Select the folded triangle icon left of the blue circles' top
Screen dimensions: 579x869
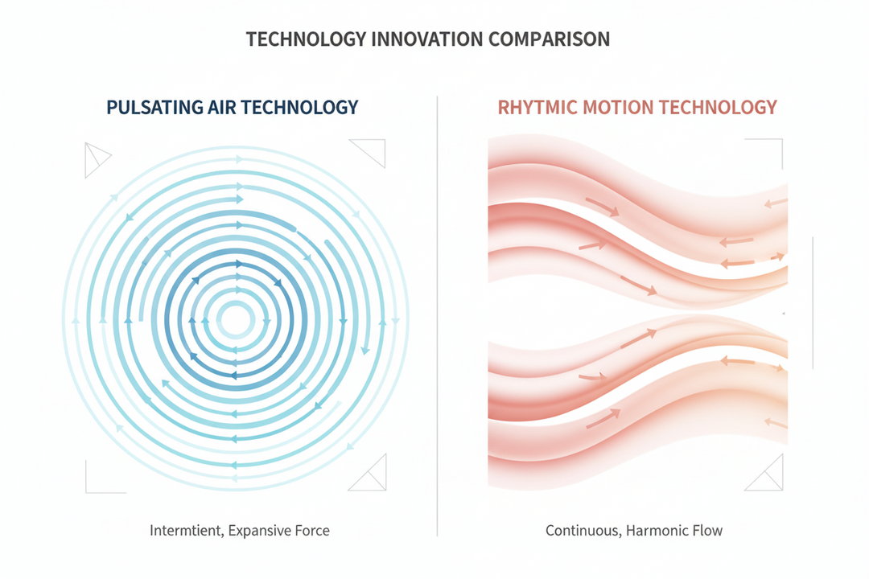96,159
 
